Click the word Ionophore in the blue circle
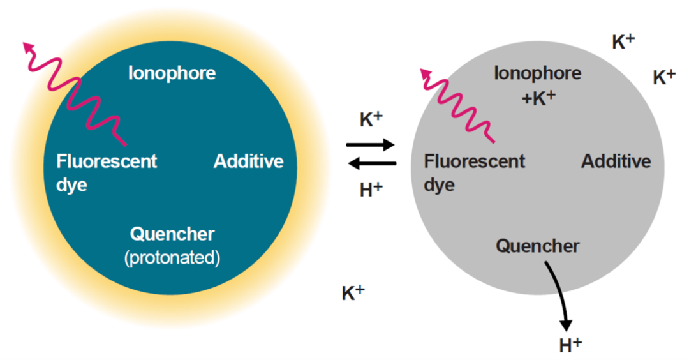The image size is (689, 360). click(172, 73)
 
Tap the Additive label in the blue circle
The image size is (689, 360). click(248, 161)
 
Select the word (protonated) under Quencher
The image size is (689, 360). click(172, 259)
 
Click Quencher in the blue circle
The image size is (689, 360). click(172, 234)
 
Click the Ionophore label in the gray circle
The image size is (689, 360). click(537, 73)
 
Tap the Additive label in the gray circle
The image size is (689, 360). click(616, 161)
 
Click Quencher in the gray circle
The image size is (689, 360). click(537, 246)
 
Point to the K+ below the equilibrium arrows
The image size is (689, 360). click(353, 293)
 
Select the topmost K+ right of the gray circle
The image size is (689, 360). click(623, 42)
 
